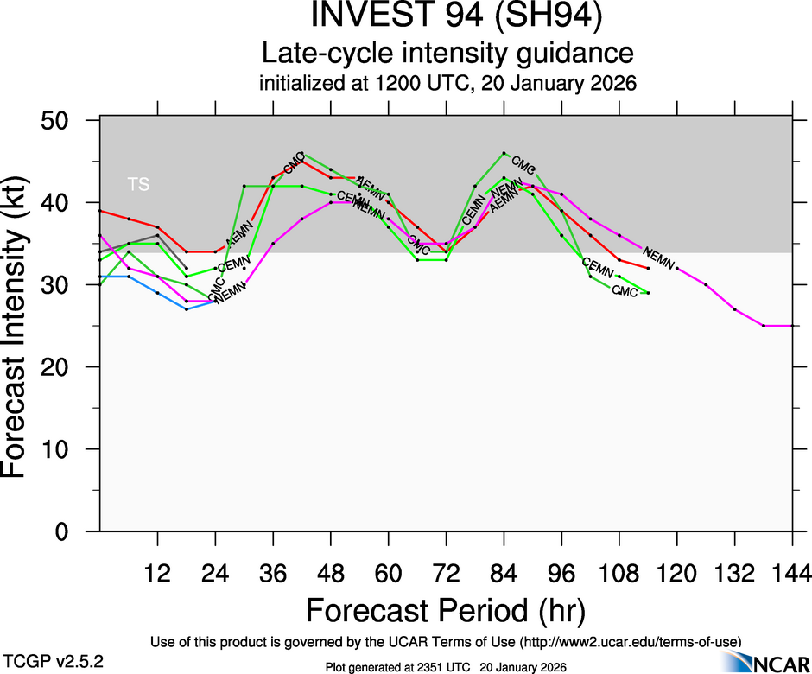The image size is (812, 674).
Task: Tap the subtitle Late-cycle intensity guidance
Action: click(x=447, y=54)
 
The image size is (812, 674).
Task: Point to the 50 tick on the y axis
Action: click(x=58, y=120)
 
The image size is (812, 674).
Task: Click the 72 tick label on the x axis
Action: click(x=446, y=572)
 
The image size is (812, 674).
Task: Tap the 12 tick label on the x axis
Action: click(x=157, y=572)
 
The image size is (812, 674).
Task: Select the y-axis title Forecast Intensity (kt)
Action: click(x=21, y=327)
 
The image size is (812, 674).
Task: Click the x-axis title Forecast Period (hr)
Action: click(x=446, y=610)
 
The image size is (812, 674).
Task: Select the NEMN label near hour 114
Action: click(x=658, y=256)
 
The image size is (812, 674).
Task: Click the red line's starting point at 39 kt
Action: click(x=100, y=211)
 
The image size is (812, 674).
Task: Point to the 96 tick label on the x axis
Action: click(x=561, y=572)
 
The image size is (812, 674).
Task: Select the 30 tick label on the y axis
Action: click(x=58, y=285)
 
